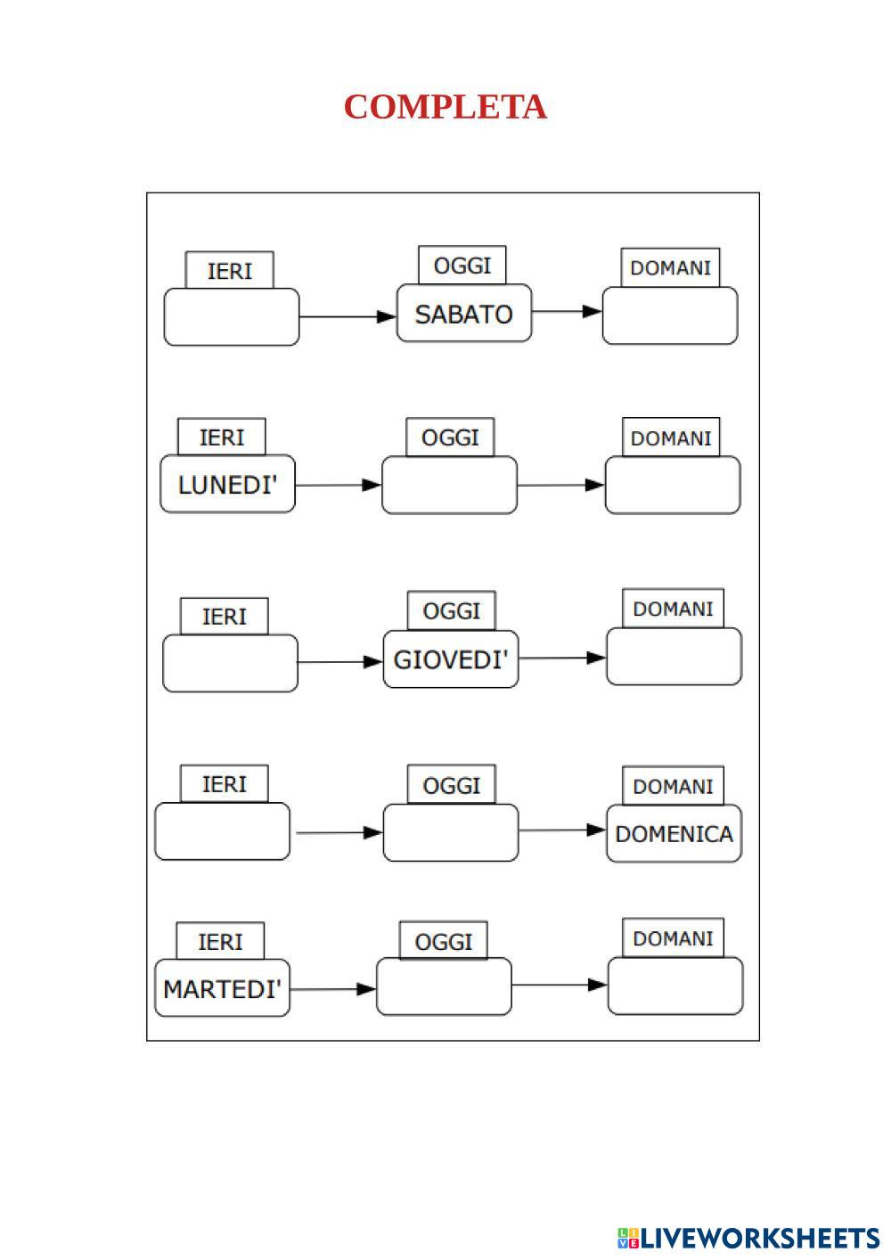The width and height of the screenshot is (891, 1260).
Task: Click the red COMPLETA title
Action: click(445, 107)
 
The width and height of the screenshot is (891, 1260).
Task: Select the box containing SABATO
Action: click(463, 314)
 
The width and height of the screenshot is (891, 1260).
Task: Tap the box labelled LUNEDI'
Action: click(227, 485)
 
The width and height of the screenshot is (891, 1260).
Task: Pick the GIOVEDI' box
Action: click(451, 659)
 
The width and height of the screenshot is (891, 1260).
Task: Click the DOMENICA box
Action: click(674, 834)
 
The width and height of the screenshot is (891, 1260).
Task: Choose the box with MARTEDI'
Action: click(222, 988)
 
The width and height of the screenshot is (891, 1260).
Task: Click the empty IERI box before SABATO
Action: click(232, 316)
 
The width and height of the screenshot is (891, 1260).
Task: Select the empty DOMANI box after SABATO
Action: click(670, 315)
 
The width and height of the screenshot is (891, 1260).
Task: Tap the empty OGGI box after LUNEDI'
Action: click(449, 486)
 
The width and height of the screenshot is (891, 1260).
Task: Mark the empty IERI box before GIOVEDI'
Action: click(230, 663)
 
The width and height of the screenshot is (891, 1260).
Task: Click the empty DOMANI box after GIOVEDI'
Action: click(674, 657)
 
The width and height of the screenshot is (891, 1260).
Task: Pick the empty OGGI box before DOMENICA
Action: click(451, 833)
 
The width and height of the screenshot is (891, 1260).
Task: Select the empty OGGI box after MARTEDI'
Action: click(444, 986)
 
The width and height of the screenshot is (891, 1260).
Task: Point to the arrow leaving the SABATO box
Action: click(567, 312)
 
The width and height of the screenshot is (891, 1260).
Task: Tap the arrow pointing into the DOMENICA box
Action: click(562, 830)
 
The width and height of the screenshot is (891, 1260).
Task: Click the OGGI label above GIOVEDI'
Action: click(451, 611)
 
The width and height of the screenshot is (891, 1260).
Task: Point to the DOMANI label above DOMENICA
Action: click(673, 787)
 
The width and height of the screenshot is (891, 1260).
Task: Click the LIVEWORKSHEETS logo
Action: click(748, 1238)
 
